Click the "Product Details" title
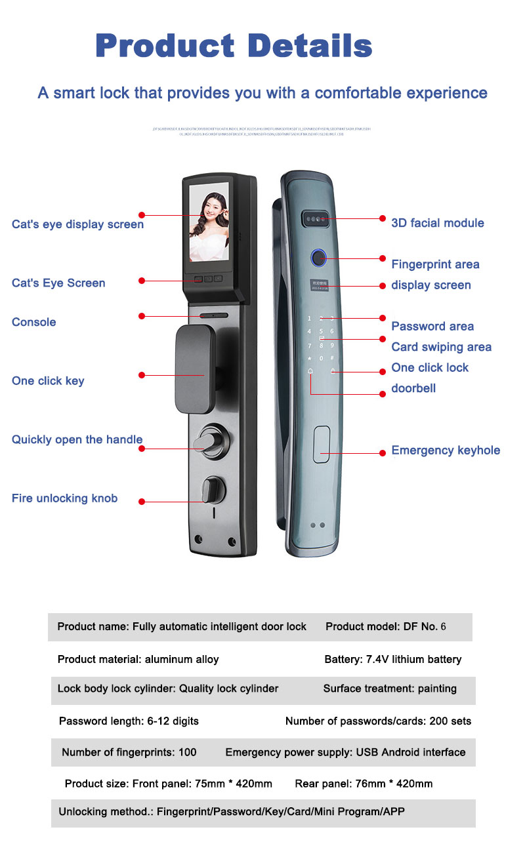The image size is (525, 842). click(234, 47)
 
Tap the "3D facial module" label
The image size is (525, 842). click(437, 223)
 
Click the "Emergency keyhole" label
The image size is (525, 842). click(446, 451)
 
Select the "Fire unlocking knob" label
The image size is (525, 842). click(64, 498)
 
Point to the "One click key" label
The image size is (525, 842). click(48, 381)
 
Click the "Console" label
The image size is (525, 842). click(34, 322)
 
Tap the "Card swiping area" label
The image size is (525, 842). click(441, 347)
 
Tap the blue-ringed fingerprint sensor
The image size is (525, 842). click(319, 258)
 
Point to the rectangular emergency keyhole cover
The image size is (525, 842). click(321, 445)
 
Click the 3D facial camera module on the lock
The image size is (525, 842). click(315, 218)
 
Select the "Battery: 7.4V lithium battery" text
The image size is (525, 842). click(392, 660)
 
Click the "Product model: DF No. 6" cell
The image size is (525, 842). click(385, 627)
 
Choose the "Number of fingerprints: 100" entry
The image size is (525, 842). click(129, 752)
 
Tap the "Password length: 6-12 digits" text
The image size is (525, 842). click(129, 721)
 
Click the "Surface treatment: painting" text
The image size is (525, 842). click(390, 689)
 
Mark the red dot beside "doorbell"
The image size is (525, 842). click(383, 393)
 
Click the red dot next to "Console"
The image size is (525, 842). click(141, 316)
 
